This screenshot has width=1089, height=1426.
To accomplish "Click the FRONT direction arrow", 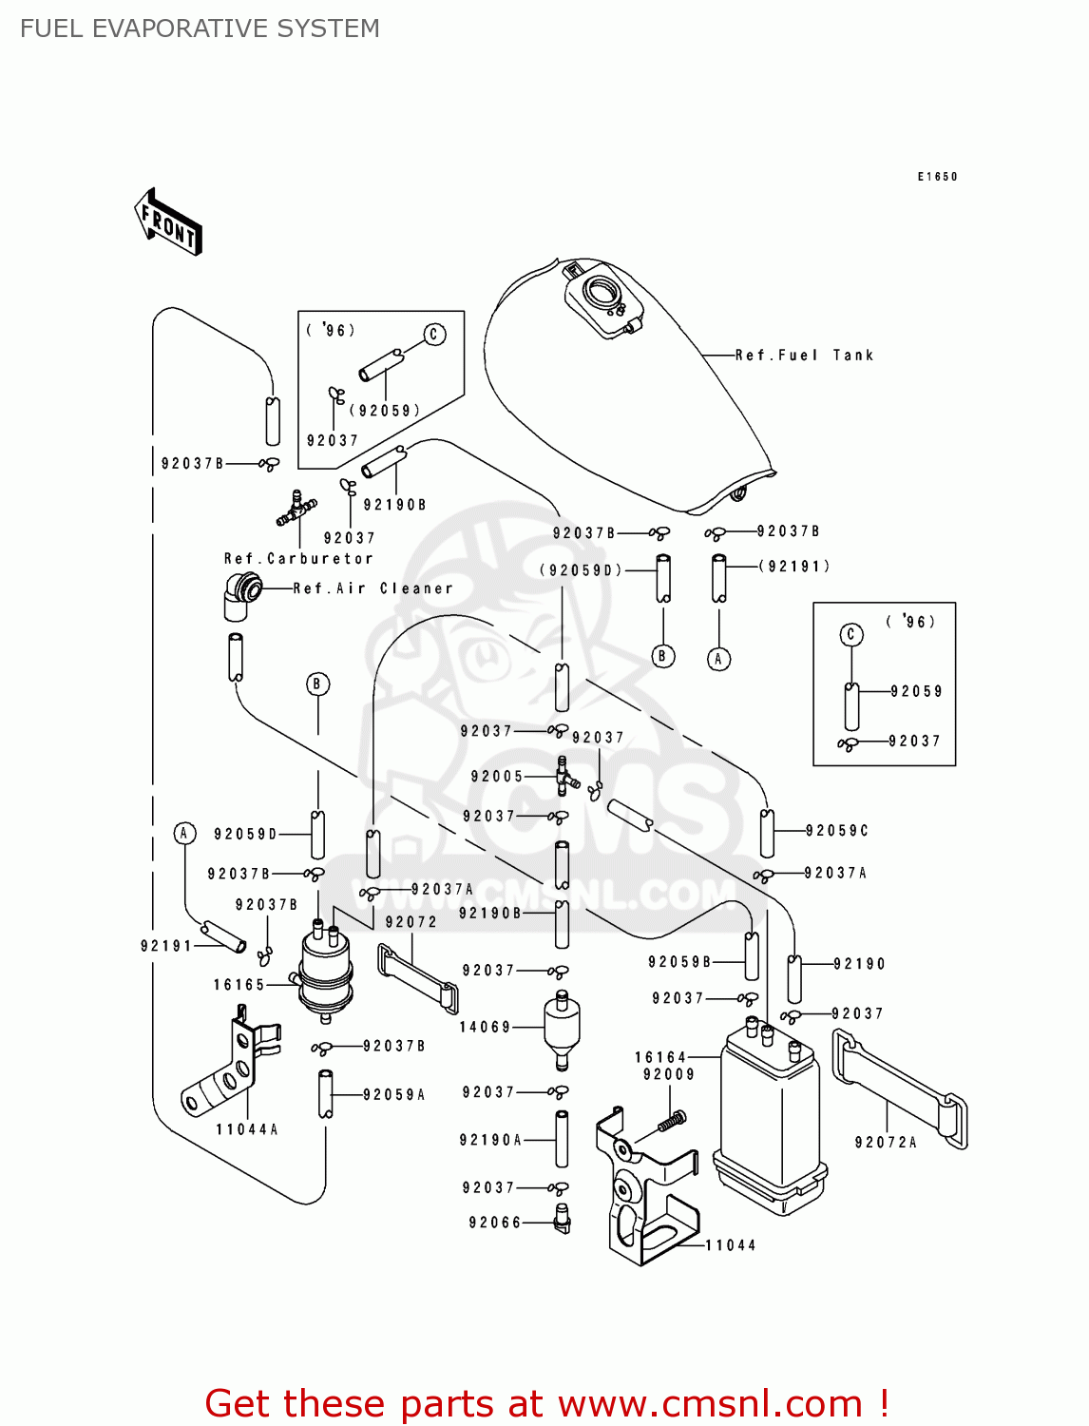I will click(x=168, y=222).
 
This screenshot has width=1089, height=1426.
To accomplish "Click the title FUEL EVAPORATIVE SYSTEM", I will click(x=200, y=29).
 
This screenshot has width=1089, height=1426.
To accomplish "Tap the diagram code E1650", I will click(x=937, y=177).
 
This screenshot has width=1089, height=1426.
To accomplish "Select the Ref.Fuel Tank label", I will click(x=804, y=356).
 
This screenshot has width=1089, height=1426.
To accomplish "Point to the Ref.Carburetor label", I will click(x=298, y=559).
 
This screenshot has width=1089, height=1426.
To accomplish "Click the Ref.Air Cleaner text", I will click(x=373, y=588).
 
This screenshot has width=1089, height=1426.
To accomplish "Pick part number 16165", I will click(x=239, y=985).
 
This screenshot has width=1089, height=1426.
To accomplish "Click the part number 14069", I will click(x=485, y=1027).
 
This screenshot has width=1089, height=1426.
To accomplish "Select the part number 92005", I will click(x=497, y=777).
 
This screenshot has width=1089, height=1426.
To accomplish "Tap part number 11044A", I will click(x=247, y=1129).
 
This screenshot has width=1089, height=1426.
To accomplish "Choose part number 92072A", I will click(x=886, y=1143).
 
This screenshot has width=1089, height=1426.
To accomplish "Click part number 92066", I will click(x=495, y=1223).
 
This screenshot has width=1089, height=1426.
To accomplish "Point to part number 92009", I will click(x=669, y=1074).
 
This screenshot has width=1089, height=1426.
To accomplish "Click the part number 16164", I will click(x=660, y=1057).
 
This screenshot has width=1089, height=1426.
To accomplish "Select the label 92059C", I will click(x=837, y=831).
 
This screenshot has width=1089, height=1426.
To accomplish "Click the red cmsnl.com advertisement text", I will click(x=546, y=1403).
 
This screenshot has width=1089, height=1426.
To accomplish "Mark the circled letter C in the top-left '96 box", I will click(x=434, y=335).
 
